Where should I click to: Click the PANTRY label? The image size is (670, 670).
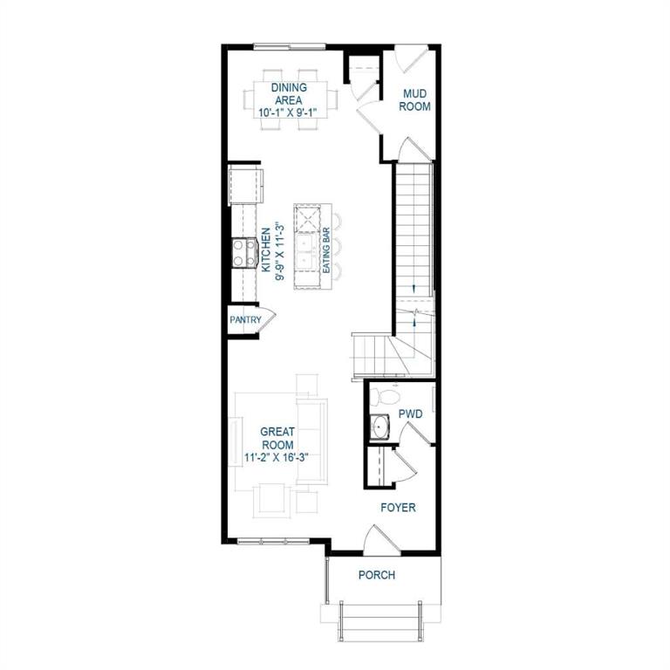tap(245, 319)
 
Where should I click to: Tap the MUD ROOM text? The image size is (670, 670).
tap(414, 100)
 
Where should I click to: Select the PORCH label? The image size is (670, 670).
tap(377, 575)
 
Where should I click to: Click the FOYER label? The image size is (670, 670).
tap(398, 508)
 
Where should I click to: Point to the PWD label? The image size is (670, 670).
tap(410, 414)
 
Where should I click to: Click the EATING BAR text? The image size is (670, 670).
tap(326, 250)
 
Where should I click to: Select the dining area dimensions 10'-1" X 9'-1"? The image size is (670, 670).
tap(293, 113)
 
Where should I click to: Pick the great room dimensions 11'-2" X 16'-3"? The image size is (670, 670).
tap(277, 458)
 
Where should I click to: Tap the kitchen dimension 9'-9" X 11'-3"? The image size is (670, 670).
tap(280, 251)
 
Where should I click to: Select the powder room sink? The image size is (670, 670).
tap(379, 427)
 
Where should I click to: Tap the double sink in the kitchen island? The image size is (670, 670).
tap(307, 252)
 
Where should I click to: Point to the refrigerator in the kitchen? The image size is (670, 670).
tap(246, 187)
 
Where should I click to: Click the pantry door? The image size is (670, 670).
tap(268, 318)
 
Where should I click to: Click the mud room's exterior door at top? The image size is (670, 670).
tap(410, 59)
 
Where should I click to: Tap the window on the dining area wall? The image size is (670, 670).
tap(290, 46)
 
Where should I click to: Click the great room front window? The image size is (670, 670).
tap(273, 542)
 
